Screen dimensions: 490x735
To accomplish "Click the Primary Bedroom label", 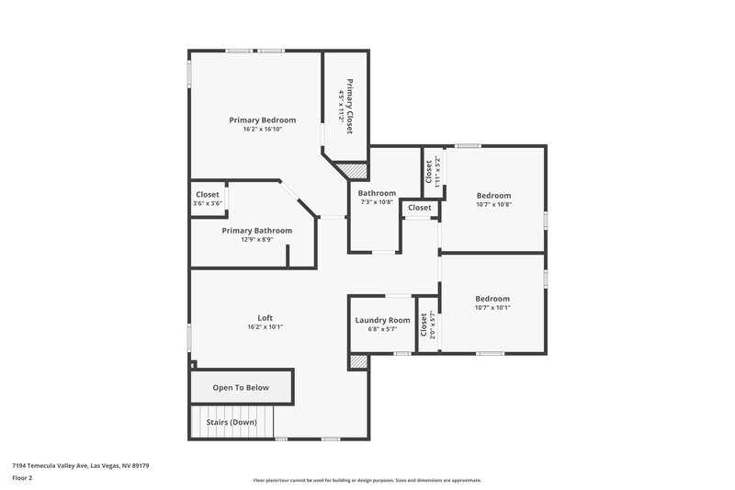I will point(262,120).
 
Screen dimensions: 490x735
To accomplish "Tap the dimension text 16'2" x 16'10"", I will point(262,130).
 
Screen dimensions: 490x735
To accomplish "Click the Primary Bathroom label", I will point(256,230).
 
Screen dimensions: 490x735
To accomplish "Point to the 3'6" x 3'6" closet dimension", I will point(208,203).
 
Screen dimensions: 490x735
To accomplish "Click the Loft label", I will point(266,317).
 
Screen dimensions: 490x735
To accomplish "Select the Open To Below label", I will point(241,388).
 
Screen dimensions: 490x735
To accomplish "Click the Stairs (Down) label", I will point(232,422).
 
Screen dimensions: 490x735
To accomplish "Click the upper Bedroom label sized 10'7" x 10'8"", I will point(493,195).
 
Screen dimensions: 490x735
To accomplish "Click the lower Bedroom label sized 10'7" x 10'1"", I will point(492,299).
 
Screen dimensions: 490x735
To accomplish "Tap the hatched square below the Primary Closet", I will point(350,171).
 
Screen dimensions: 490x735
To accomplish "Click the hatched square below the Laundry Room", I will point(358,362).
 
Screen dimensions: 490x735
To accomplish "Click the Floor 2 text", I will point(23,478).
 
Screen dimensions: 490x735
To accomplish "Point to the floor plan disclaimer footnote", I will point(367,480).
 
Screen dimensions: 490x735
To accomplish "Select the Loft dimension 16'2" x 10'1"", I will point(266,327).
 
